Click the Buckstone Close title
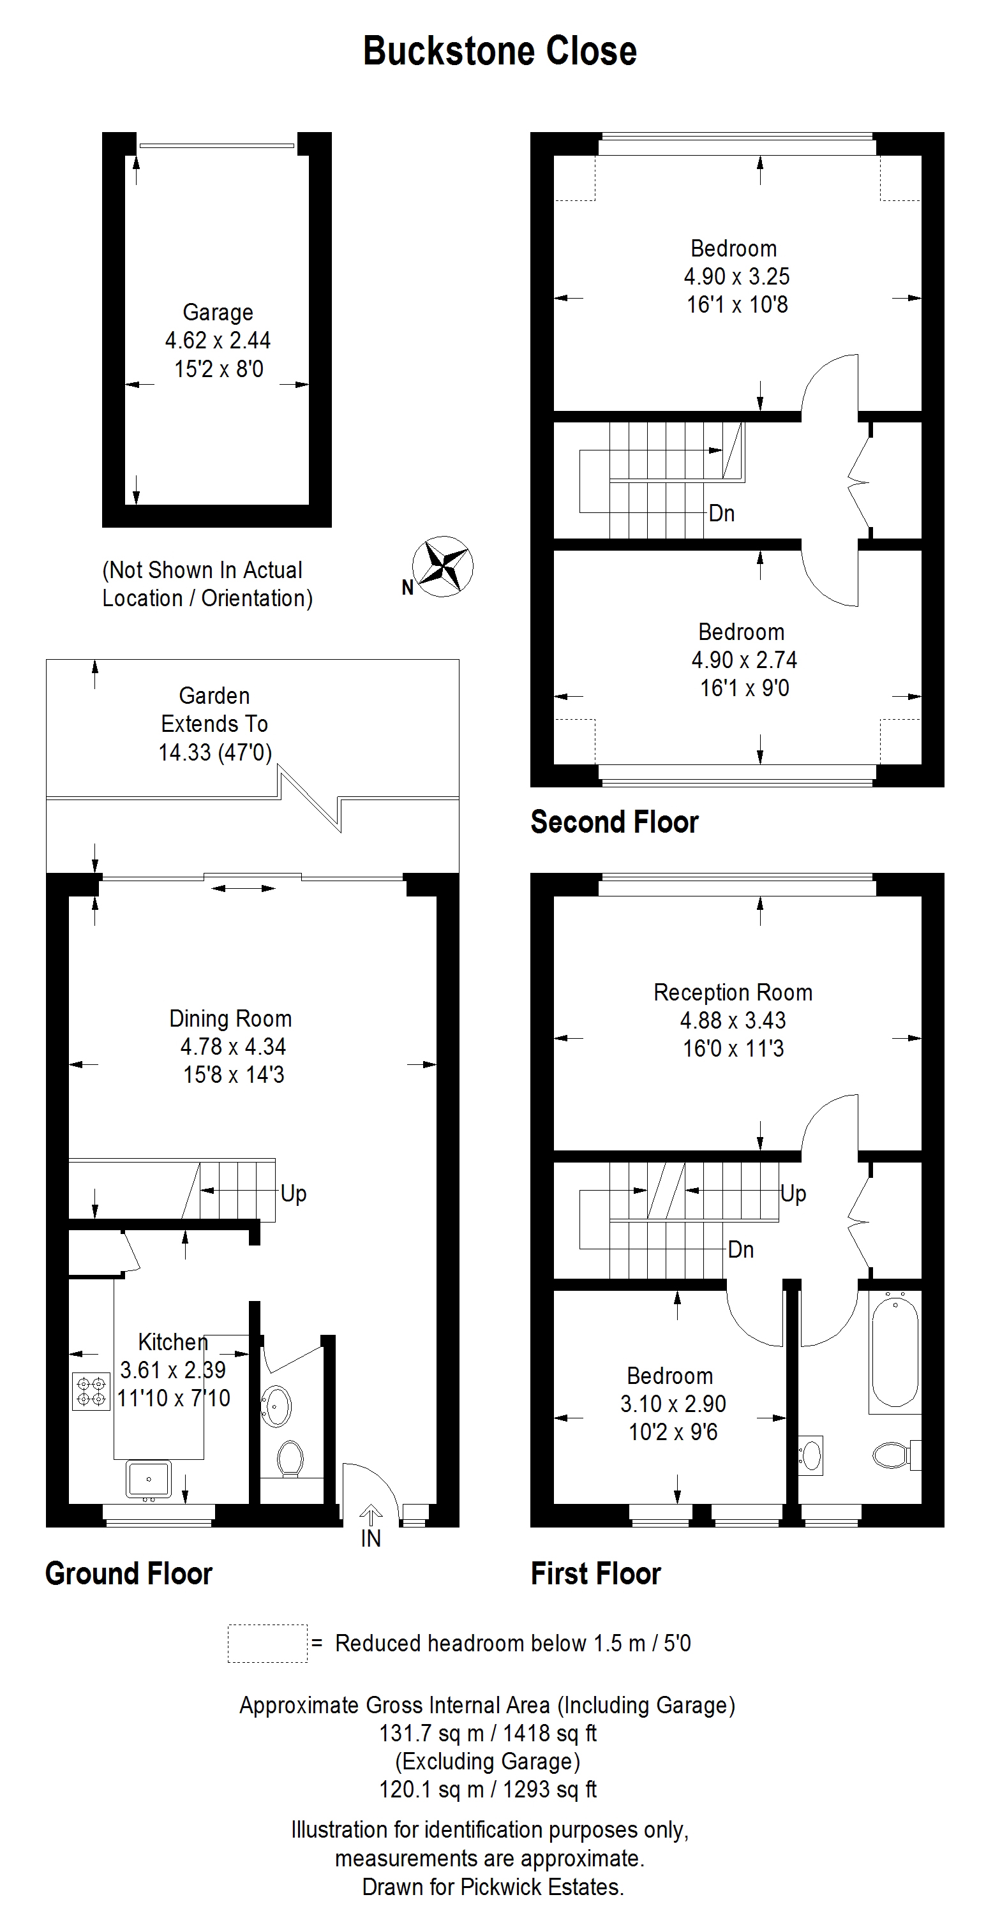tap(499, 52)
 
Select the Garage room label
tap(218, 312)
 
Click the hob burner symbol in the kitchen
tap(91, 1391)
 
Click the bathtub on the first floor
tap(895, 1353)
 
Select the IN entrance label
tap(370, 1538)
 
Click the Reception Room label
tap(733, 993)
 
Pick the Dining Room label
tap(231, 1018)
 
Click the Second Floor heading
tap(615, 822)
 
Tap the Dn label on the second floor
tap(722, 514)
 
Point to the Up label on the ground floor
tap(293, 1194)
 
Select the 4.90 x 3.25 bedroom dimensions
tap(736, 277)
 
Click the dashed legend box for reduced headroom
tap(267, 1643)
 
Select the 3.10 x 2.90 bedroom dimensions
tap(673, 1404)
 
